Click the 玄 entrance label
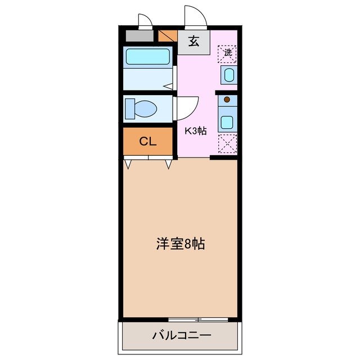193,41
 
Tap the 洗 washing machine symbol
228,53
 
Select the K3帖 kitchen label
196,131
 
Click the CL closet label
147,141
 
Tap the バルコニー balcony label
181,336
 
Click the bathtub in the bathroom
148,56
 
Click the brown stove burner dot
227,100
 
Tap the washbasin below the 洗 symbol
228,74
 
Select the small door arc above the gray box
145,21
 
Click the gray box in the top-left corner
139,37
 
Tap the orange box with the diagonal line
168,37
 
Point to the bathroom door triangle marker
168,86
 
